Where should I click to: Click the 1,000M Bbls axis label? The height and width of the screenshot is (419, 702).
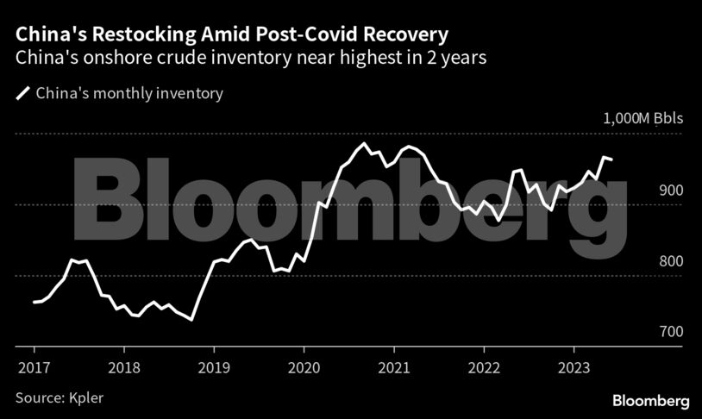tap(639, 118)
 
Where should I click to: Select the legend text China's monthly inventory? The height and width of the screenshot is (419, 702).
tap(129, 93)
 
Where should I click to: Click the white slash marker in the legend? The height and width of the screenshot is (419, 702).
tap(22, 93)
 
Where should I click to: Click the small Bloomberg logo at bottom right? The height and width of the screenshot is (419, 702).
tap(651, 401)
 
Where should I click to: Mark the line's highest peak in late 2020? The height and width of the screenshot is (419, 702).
tap(365, 143)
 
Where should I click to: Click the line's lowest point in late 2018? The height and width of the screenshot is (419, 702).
tap(191, 320)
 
